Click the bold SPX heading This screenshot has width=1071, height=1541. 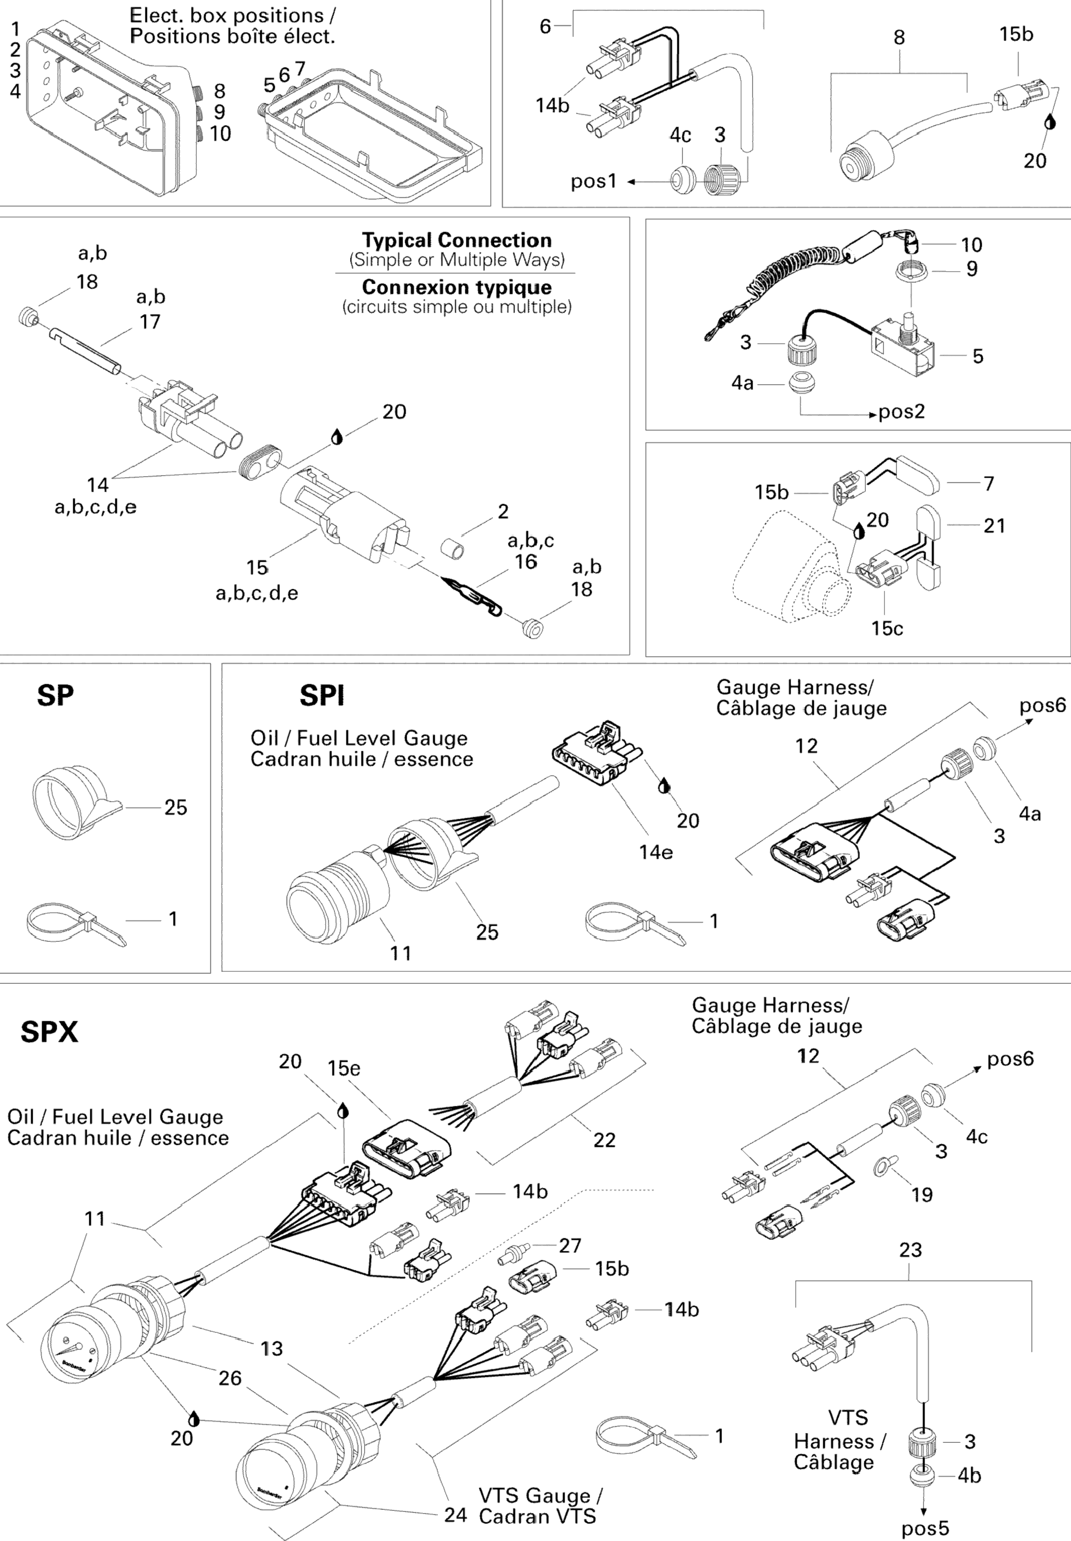(49, 1032)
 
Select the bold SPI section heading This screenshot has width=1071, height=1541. (322, 696)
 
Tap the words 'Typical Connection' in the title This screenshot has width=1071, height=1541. (457, 240)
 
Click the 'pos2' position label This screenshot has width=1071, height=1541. (901, 411)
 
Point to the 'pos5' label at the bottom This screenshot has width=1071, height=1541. (925, 1528)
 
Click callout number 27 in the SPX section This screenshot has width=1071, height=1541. (570, 1245)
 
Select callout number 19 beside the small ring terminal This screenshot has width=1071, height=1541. (921, 1194)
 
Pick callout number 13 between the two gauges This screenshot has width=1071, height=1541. (271, 1348)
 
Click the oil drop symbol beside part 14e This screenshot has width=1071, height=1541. (664, 786)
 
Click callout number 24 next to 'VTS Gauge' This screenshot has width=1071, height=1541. (455, 1515)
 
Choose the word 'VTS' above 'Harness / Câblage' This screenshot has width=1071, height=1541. (848, 1417)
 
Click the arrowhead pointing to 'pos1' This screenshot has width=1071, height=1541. (631, 181)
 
